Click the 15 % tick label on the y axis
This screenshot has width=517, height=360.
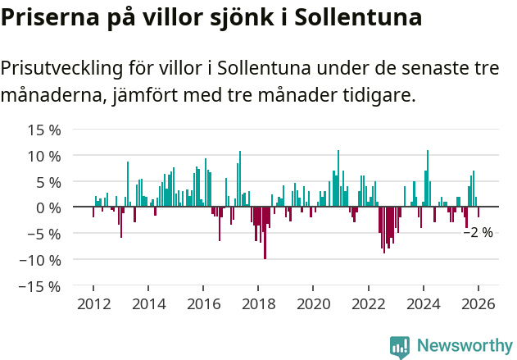[44, 130]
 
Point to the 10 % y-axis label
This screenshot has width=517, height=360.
[44, 156]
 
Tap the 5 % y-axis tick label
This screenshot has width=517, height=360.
[48, 182]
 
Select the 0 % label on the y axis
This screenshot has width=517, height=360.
[48, 208]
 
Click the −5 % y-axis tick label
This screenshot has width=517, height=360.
[44, 234]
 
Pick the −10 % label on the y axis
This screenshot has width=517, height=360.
[40, 260]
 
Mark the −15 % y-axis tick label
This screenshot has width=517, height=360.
[40, 286]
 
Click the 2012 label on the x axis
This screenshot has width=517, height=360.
[93, 304]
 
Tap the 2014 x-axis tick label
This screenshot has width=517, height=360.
[148, 304]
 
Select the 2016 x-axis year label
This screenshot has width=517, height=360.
[203, 304]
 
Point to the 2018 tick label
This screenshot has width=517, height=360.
[258, 304]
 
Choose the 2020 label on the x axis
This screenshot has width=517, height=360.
[313, 304]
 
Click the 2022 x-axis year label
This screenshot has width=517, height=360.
[368, 304]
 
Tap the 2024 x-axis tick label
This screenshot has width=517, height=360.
[423, 304]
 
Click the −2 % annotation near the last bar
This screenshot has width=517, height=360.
[478, 233]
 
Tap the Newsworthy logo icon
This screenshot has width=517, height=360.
[400, 347]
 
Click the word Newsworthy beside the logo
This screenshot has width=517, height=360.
[464, 347]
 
